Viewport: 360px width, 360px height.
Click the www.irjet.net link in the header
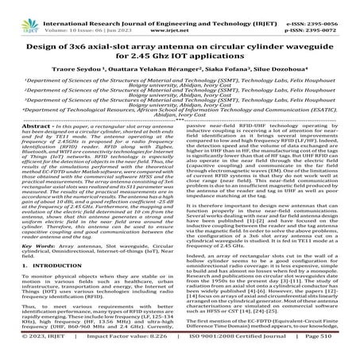181,14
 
